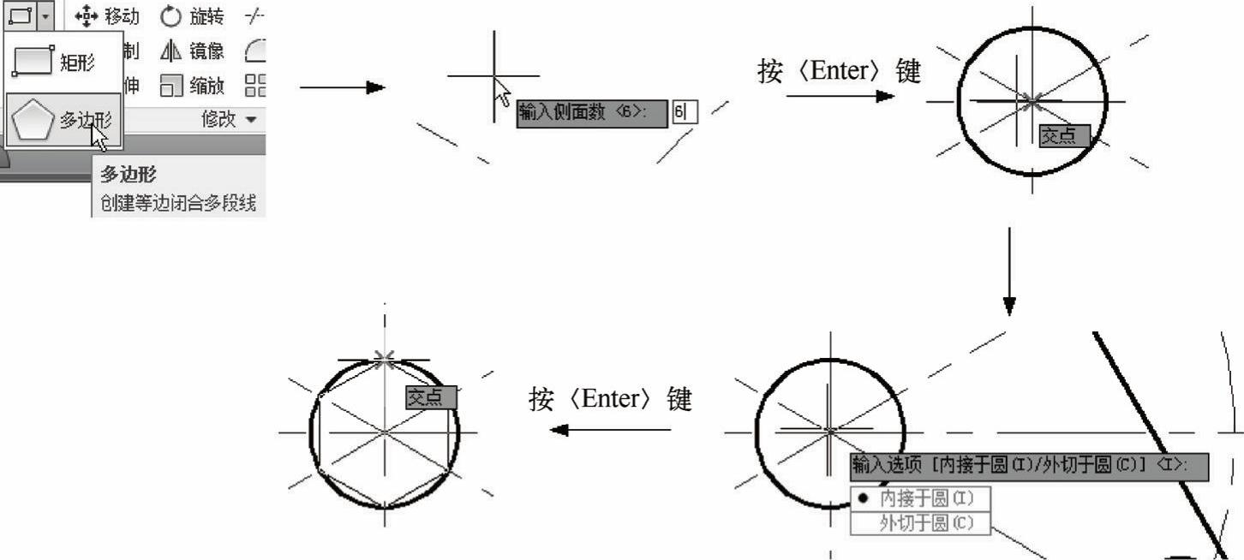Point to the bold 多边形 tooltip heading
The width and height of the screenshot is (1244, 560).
click(129, 175)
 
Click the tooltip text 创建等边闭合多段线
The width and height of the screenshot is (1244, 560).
click(178, 204)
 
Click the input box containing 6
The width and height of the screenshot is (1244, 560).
click(684, 112)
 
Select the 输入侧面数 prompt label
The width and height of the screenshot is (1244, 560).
click(591, 112)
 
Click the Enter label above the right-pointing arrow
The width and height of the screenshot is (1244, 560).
click(839, 72)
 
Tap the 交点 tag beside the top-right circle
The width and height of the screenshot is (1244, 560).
click(1064, 135)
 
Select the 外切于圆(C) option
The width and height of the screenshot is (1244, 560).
click(920, 523)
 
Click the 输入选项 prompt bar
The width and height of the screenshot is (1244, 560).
click(1028, 466)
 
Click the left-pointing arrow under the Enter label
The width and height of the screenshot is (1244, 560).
click(609, 429)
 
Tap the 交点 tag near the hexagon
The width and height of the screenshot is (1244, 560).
click(431, 396)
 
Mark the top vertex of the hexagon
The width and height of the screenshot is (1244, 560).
click(385, 360)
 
